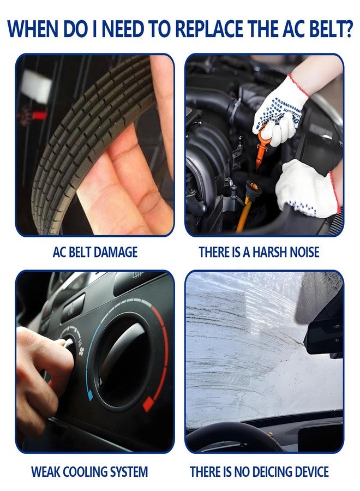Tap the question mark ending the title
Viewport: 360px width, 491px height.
[x=348, y=29]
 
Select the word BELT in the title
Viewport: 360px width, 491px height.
[x=323, y=29]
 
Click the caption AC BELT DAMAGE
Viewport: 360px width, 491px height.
[x=95, y=252]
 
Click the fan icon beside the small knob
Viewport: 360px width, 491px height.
[x=81, y=352]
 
